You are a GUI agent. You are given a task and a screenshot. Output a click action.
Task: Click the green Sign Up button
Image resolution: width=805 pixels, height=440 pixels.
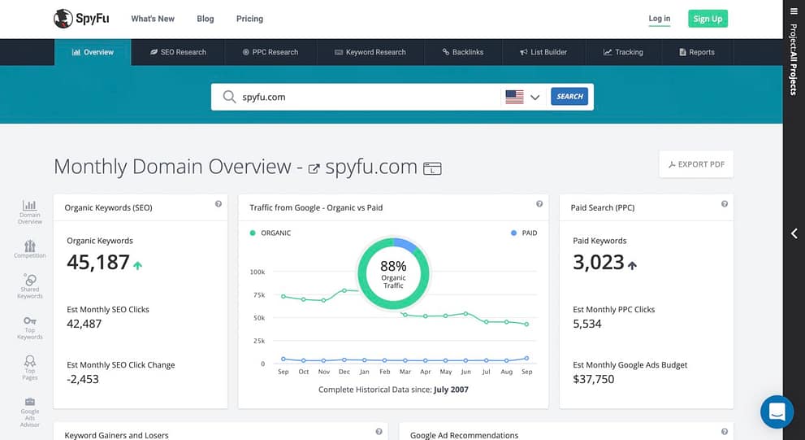click(708, 19)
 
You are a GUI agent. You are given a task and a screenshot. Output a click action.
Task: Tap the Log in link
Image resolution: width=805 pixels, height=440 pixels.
click(660, 19)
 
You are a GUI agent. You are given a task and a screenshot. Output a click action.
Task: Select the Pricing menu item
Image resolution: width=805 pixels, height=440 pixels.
click(249, 19)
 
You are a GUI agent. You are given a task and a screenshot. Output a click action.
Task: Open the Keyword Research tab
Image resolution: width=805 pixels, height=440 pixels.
click(370, 52)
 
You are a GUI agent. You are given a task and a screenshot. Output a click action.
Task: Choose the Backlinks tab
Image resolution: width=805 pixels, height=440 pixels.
click(463, 52)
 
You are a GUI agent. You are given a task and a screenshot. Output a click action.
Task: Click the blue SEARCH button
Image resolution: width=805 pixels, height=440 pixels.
click(569, 96)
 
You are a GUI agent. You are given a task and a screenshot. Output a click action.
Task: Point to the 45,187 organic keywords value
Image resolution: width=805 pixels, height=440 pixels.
click(98, 262)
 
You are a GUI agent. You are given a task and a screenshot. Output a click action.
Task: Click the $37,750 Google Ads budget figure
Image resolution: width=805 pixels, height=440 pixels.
click(594, 379)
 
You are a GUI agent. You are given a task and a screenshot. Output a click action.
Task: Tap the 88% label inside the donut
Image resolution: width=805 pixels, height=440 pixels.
click(393, 266)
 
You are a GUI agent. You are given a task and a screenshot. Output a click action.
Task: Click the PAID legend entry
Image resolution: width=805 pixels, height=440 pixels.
click(524, 233)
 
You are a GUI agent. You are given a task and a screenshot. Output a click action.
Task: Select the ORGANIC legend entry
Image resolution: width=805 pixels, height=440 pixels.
click(270, 233)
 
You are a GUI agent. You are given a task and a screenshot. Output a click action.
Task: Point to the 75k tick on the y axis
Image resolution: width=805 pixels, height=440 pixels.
click(259, 295)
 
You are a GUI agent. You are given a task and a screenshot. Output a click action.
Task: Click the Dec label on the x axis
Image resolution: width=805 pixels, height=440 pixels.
click(344, 372)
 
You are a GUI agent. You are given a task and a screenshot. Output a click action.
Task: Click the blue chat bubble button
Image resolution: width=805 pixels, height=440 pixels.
click(777, 412)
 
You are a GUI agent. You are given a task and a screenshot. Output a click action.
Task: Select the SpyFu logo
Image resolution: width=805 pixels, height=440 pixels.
click(81, 19)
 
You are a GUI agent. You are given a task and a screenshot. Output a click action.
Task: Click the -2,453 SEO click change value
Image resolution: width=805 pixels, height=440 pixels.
click(83, 379)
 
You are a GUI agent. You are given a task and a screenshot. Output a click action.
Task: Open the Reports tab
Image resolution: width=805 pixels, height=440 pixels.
click(697, 52)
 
